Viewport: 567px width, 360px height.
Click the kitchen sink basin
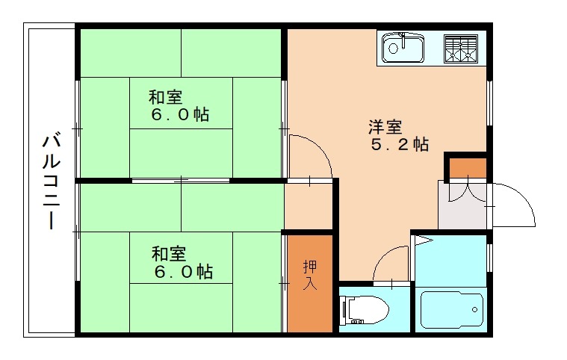[403, 49]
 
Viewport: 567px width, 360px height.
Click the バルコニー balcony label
[51, 180]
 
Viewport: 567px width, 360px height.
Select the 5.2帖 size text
[400, 145]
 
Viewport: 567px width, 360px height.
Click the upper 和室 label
[165, 97]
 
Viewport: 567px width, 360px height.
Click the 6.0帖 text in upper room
[179, 115]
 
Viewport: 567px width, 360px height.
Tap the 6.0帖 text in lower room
[183, 272]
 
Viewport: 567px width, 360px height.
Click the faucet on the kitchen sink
[402, 37]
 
